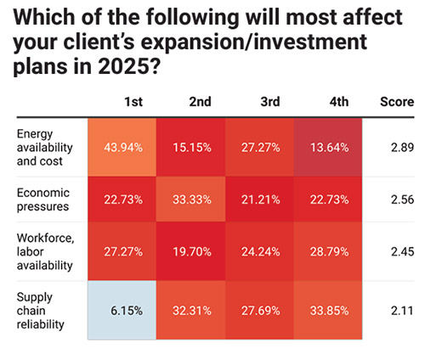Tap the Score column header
[x=395, y=103]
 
